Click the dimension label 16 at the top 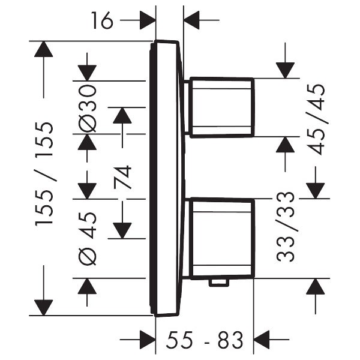coord(103,22)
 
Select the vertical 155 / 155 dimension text coord(44,174)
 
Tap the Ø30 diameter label coord(88,108)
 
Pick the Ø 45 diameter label coord(88,237)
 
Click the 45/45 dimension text coord(316,119)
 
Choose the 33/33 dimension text coord(286,226)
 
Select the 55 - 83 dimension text coord(205,340)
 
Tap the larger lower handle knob coord(220,238)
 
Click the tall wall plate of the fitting coord(166,178)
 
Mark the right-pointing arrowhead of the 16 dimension coord(148,22)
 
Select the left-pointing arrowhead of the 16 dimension coord(192,22)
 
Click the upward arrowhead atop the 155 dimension coord(43,49)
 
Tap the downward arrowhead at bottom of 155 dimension coord(43,307)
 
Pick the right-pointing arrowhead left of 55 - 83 coord(148,340)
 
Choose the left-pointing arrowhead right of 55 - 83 coord(263,340)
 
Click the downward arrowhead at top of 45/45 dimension coord(286,70)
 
